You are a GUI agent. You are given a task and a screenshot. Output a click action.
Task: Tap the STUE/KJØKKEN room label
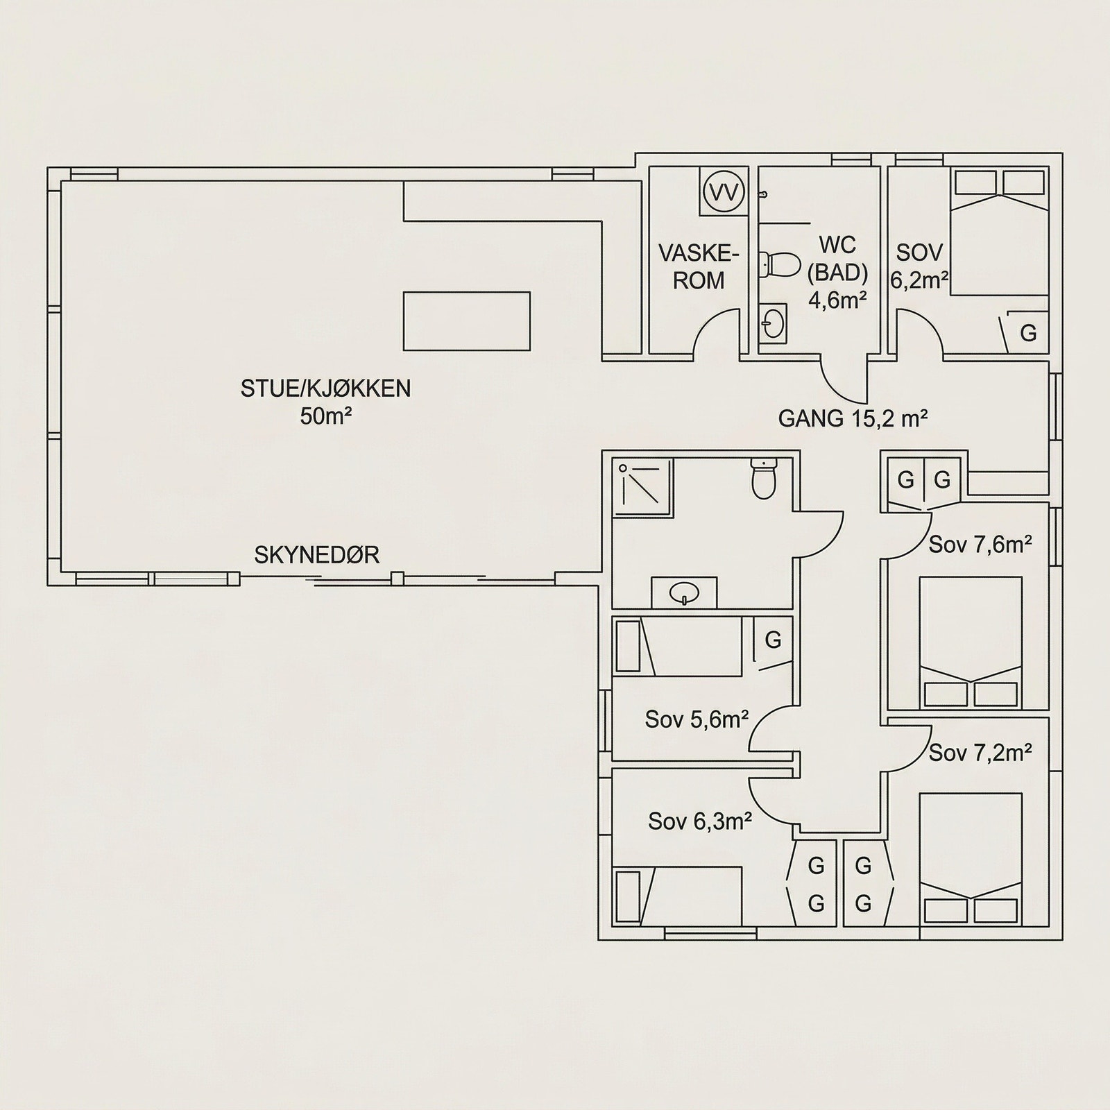325,388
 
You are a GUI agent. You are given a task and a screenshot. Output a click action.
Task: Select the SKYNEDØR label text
316,556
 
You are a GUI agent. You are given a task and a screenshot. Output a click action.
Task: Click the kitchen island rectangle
466,321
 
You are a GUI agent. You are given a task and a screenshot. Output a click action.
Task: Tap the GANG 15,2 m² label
853,419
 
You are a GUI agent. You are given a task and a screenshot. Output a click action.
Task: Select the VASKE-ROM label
699,266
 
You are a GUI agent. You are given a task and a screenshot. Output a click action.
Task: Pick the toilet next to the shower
764,479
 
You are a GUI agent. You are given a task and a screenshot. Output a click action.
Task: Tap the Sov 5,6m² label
697,719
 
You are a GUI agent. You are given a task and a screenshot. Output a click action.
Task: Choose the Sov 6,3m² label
701,821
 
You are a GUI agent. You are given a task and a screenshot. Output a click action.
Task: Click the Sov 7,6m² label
980,545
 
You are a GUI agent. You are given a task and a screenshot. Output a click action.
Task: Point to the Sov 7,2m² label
980,752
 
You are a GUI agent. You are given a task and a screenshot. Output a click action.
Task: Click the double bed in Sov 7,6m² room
971,642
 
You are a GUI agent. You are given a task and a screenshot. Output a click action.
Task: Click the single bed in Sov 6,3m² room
678,895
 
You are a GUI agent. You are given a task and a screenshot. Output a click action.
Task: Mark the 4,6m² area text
838,300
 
